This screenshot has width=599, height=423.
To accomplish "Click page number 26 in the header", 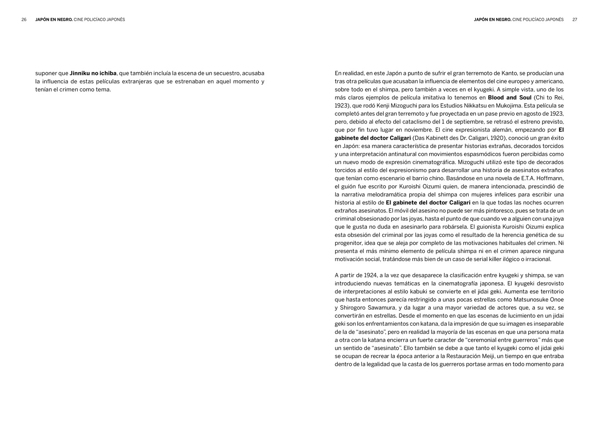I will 24,19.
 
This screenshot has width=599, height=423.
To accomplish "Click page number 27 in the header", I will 574,19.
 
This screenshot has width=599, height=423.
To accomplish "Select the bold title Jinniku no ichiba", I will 93,73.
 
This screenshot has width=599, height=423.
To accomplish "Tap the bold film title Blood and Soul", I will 509,98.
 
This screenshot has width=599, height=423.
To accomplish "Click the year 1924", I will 371,275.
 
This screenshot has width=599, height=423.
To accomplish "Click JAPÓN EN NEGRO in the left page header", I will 54,19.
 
